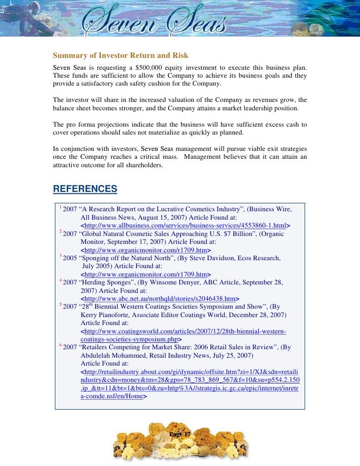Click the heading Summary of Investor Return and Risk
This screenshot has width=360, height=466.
pos(121,55)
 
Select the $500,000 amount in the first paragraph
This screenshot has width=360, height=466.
pos(151,67)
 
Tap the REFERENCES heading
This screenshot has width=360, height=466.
pos(85,189)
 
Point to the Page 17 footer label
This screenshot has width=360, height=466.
pos(180,434)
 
